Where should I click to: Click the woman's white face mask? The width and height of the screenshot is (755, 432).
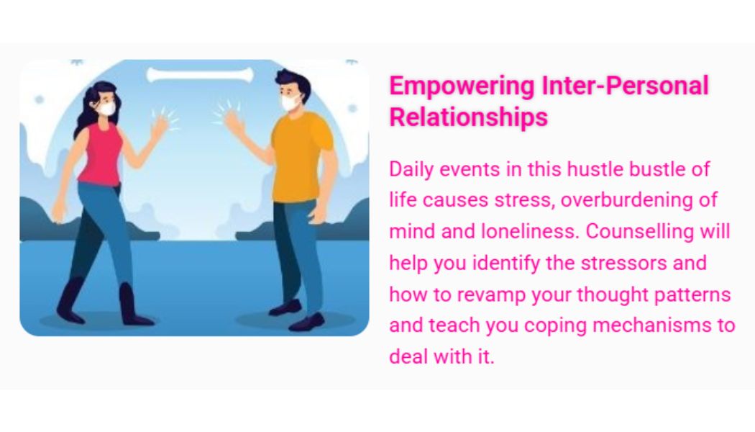point(106,108)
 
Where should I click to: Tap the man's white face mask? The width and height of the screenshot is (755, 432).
point(290,102)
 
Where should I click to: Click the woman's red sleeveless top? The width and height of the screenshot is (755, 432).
point(101,154)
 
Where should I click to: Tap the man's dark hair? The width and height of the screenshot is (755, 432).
point(293,83)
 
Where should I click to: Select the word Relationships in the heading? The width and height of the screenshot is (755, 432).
point(469,117)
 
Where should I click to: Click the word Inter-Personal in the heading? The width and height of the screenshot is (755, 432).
point(625,86)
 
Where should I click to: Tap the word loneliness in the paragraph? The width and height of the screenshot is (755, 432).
point(529,231)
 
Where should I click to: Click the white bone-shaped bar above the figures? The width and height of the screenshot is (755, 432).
point(200,75)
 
